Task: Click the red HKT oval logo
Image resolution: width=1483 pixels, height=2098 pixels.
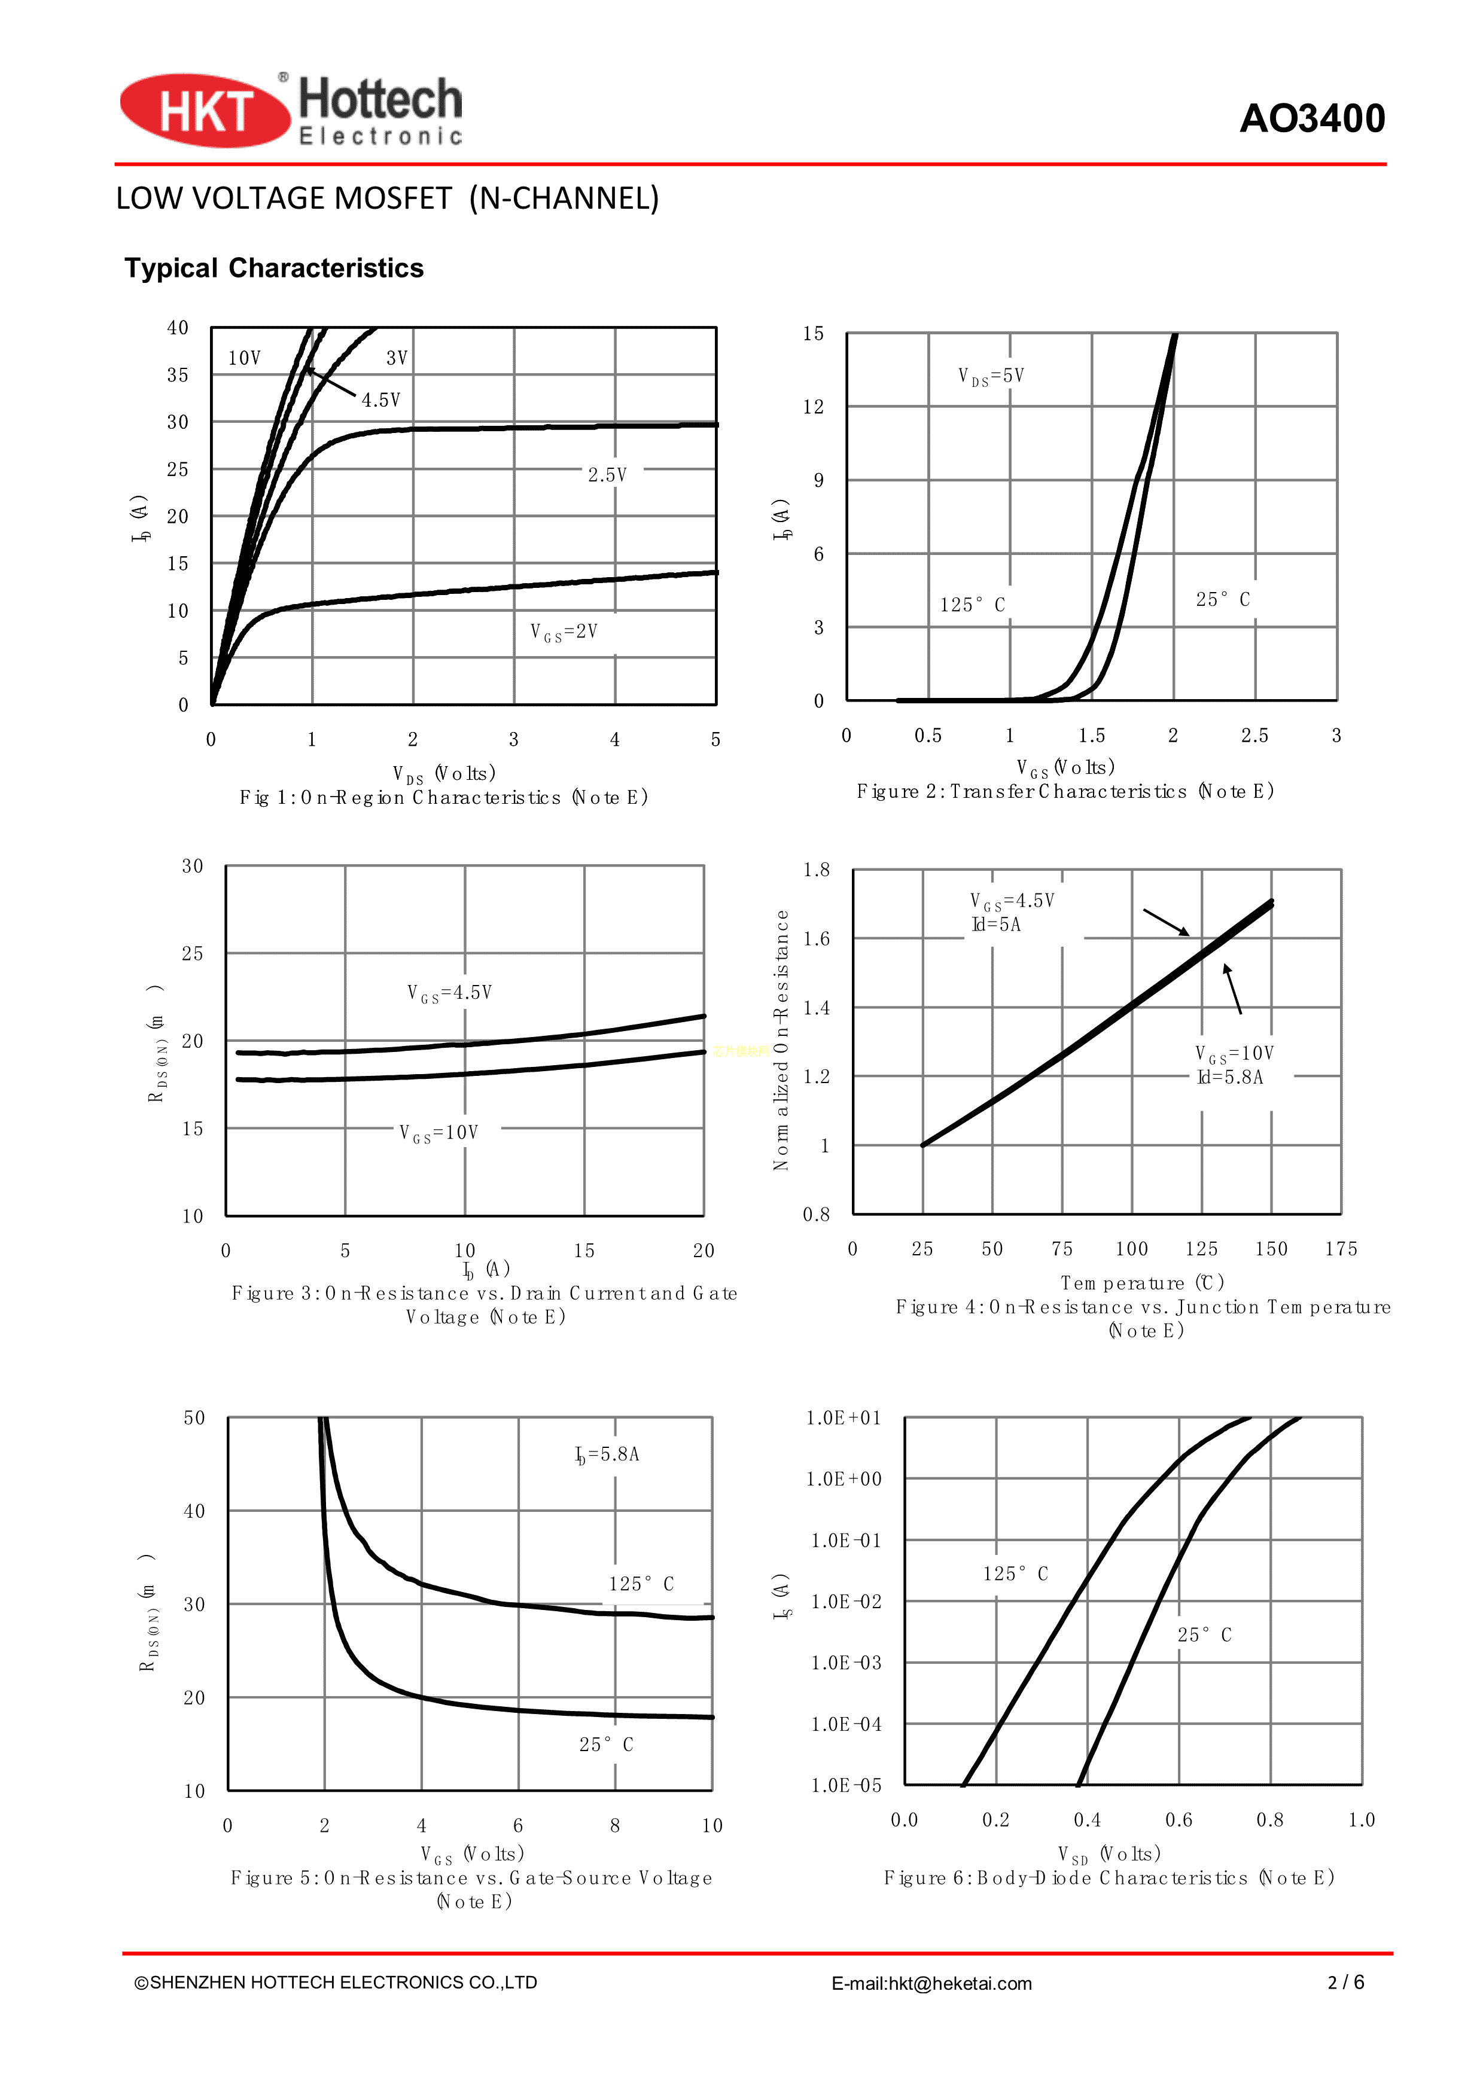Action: (x=205, y=111)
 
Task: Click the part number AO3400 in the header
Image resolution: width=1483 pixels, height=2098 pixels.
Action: (x=1311, y=119)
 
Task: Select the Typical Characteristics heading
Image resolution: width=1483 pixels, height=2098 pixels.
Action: (x=274, y=268)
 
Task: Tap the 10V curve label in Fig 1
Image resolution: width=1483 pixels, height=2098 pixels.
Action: (x=245, y=358)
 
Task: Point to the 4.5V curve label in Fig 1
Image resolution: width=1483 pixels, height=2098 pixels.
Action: (x=380, y=400)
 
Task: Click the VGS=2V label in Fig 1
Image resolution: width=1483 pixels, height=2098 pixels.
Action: (x=564, y=632)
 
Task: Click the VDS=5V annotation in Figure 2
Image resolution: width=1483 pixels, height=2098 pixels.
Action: (x=991, y=376)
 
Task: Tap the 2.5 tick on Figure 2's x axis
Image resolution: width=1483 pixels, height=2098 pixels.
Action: (x=1254, y=736)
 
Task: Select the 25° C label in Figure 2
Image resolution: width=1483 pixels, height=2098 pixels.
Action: (x=1223, y=599)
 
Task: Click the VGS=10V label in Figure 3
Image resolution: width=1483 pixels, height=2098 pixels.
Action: (x=438, y=1133)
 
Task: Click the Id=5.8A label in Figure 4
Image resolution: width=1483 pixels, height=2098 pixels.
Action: (x=1230, y=1077)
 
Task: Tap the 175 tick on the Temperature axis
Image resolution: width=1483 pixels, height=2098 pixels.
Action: (x=1341, y=1249)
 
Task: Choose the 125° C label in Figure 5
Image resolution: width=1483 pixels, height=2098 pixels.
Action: (x=641, y=1584)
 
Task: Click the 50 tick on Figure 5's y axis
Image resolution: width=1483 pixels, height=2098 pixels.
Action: (x=194, y=1418)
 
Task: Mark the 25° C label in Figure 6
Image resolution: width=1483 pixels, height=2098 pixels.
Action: (x=1204, y=1635)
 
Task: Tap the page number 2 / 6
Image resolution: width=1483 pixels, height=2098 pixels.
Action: (x=1346, y=1982)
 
